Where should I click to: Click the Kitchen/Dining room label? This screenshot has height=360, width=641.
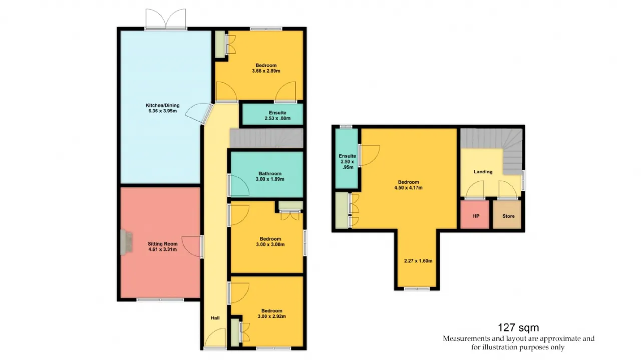coord(163,108)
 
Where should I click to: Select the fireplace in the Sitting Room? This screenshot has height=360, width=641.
coord(126,242)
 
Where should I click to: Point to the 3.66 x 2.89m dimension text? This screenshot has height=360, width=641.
coord(266,71)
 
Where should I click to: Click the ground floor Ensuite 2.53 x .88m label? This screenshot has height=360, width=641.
coord(277,115)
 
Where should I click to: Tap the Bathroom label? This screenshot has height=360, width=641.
coord(270,173)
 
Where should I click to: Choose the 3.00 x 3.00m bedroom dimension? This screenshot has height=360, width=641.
coord(270,244)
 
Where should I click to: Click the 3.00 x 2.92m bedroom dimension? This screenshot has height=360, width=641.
coord(272,316)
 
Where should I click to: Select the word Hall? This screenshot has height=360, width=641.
coord(215,318)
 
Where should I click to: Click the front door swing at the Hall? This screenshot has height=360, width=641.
coord(215,337)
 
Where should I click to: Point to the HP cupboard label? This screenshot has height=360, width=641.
coord(476,216)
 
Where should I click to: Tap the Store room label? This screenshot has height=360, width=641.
coord(508,216)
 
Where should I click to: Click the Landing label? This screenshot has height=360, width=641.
coord(483,172)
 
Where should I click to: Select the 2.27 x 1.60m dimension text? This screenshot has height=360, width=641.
coord(418,261)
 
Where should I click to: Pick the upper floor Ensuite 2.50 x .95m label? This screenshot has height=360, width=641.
coord(348,162)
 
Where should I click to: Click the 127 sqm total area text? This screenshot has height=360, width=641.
coord(518,327)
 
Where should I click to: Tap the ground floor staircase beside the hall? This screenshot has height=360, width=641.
coord(267,138)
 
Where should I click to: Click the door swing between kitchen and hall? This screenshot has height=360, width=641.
coord(198,114)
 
